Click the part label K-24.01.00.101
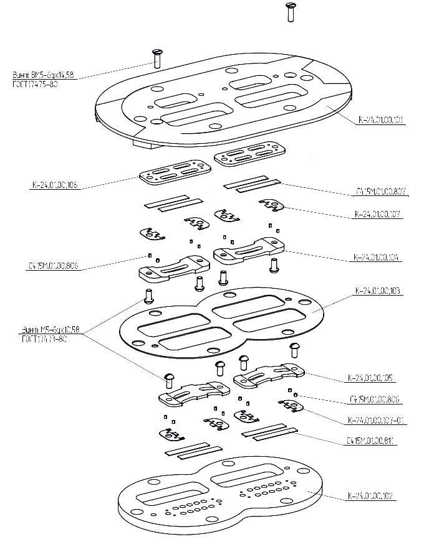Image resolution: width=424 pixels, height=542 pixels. [381, 119]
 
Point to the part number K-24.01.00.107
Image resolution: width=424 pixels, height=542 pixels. [377, 214]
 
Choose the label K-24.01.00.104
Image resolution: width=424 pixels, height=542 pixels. [377, 256]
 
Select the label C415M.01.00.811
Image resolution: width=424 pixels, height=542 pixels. [372, 441]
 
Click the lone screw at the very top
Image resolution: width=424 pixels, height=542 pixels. [289, 11]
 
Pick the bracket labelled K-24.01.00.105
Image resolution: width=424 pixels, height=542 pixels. [268, 375]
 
